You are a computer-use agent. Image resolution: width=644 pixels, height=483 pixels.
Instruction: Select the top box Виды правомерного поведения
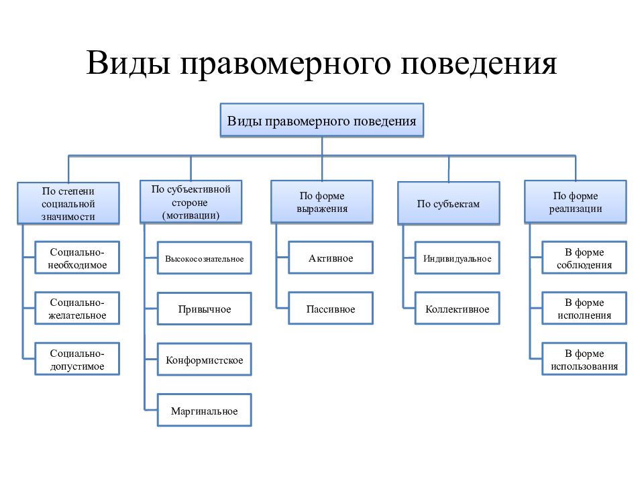321,120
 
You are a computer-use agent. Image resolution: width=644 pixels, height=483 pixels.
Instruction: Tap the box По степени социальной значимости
68,204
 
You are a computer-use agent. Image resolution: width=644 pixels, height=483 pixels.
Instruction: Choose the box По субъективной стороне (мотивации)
191,202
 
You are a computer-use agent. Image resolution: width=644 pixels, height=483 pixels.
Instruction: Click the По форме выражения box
321,202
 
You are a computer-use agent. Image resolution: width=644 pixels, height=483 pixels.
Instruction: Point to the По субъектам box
449,203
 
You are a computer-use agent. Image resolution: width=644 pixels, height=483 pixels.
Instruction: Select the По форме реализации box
576,202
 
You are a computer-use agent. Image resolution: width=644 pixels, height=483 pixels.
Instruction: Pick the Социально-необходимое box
77,258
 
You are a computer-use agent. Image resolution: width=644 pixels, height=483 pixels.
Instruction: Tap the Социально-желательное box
77,309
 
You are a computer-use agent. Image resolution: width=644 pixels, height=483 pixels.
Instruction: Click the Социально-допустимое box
77,359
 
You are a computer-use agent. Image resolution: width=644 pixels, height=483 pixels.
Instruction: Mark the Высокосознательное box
204,258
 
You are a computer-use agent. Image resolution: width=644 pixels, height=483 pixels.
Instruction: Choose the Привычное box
204,309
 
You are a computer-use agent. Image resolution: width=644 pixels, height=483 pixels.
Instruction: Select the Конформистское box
204,360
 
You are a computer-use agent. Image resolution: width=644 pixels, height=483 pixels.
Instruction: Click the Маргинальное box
204,411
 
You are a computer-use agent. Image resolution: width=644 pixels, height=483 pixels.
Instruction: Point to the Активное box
331,258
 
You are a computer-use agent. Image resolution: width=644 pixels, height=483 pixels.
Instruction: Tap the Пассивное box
331,309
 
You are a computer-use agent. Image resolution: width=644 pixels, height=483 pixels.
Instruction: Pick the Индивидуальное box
457,258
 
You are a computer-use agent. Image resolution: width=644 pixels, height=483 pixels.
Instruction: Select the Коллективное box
457,309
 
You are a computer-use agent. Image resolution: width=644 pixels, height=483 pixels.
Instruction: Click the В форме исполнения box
584,309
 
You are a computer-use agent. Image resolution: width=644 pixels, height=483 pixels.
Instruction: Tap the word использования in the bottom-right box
584,366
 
